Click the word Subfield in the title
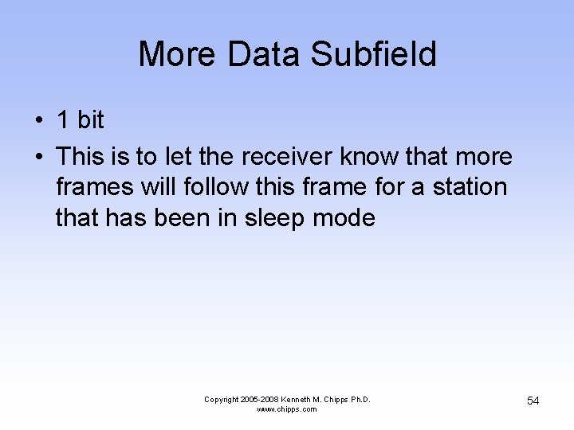pyautogui.click(x=373, y=55)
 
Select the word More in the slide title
pyautogui.click(x=177, y=55)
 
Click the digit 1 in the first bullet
pyautogui.click(x=63, y=120)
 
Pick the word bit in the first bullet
pyautogui.click(x=90, y=120)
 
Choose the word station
pyautogui.click(x=470, y=187)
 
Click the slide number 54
pyautogui.click(x=533, y=401)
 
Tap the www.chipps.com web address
pyautogui.click(x=286, y=409)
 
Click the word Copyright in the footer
pyautogui.click(x=222, y=400)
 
